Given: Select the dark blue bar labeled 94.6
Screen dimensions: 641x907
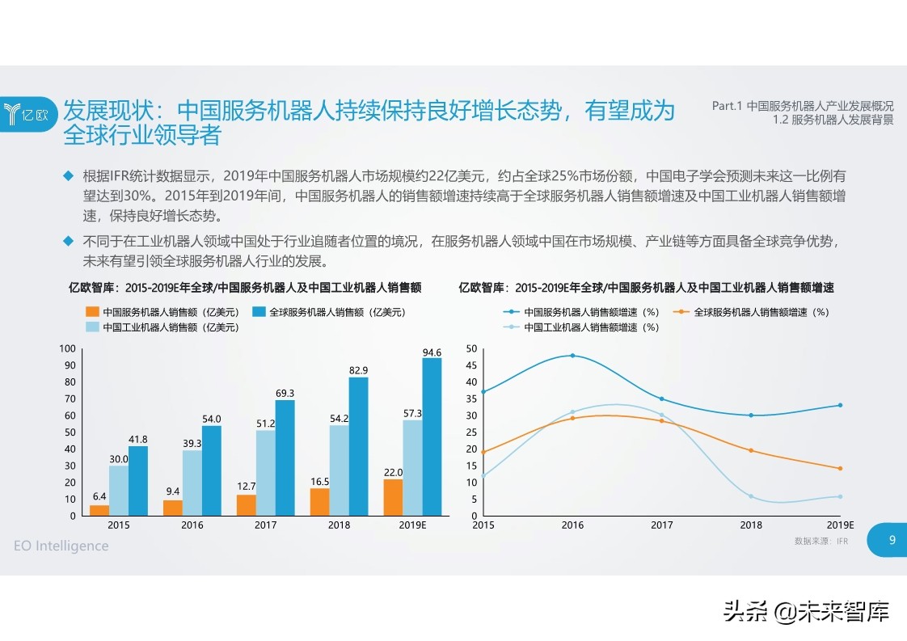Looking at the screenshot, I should click(432, 436).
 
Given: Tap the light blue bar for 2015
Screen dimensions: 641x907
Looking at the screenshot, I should click(119, 491).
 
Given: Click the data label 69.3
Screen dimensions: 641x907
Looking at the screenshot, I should click(285, 393).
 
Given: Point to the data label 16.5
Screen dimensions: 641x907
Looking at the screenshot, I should click(319, 481).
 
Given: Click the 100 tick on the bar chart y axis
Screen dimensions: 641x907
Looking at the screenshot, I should click(68, 348).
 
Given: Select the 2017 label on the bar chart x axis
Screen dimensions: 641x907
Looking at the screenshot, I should click(266, 525).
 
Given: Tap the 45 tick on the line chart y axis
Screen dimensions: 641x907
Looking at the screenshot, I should click(472, 365).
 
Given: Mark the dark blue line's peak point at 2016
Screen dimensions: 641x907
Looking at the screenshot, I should click(572, 356).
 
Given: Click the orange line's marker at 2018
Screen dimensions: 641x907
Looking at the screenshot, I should click(751, 450).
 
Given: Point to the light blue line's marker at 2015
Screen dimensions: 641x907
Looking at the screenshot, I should click(483, 477).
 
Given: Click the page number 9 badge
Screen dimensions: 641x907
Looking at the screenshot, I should click(891, 541).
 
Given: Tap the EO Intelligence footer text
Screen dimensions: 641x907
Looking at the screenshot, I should click(61, 546).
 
